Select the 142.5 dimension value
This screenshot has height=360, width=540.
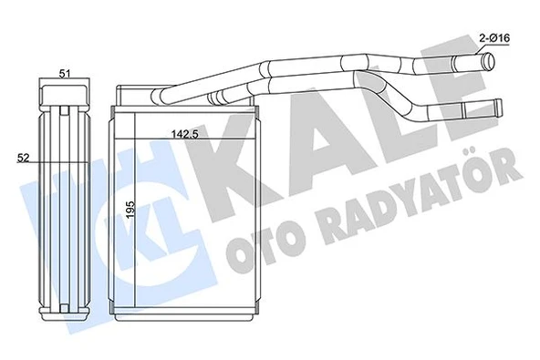(183, 134)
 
